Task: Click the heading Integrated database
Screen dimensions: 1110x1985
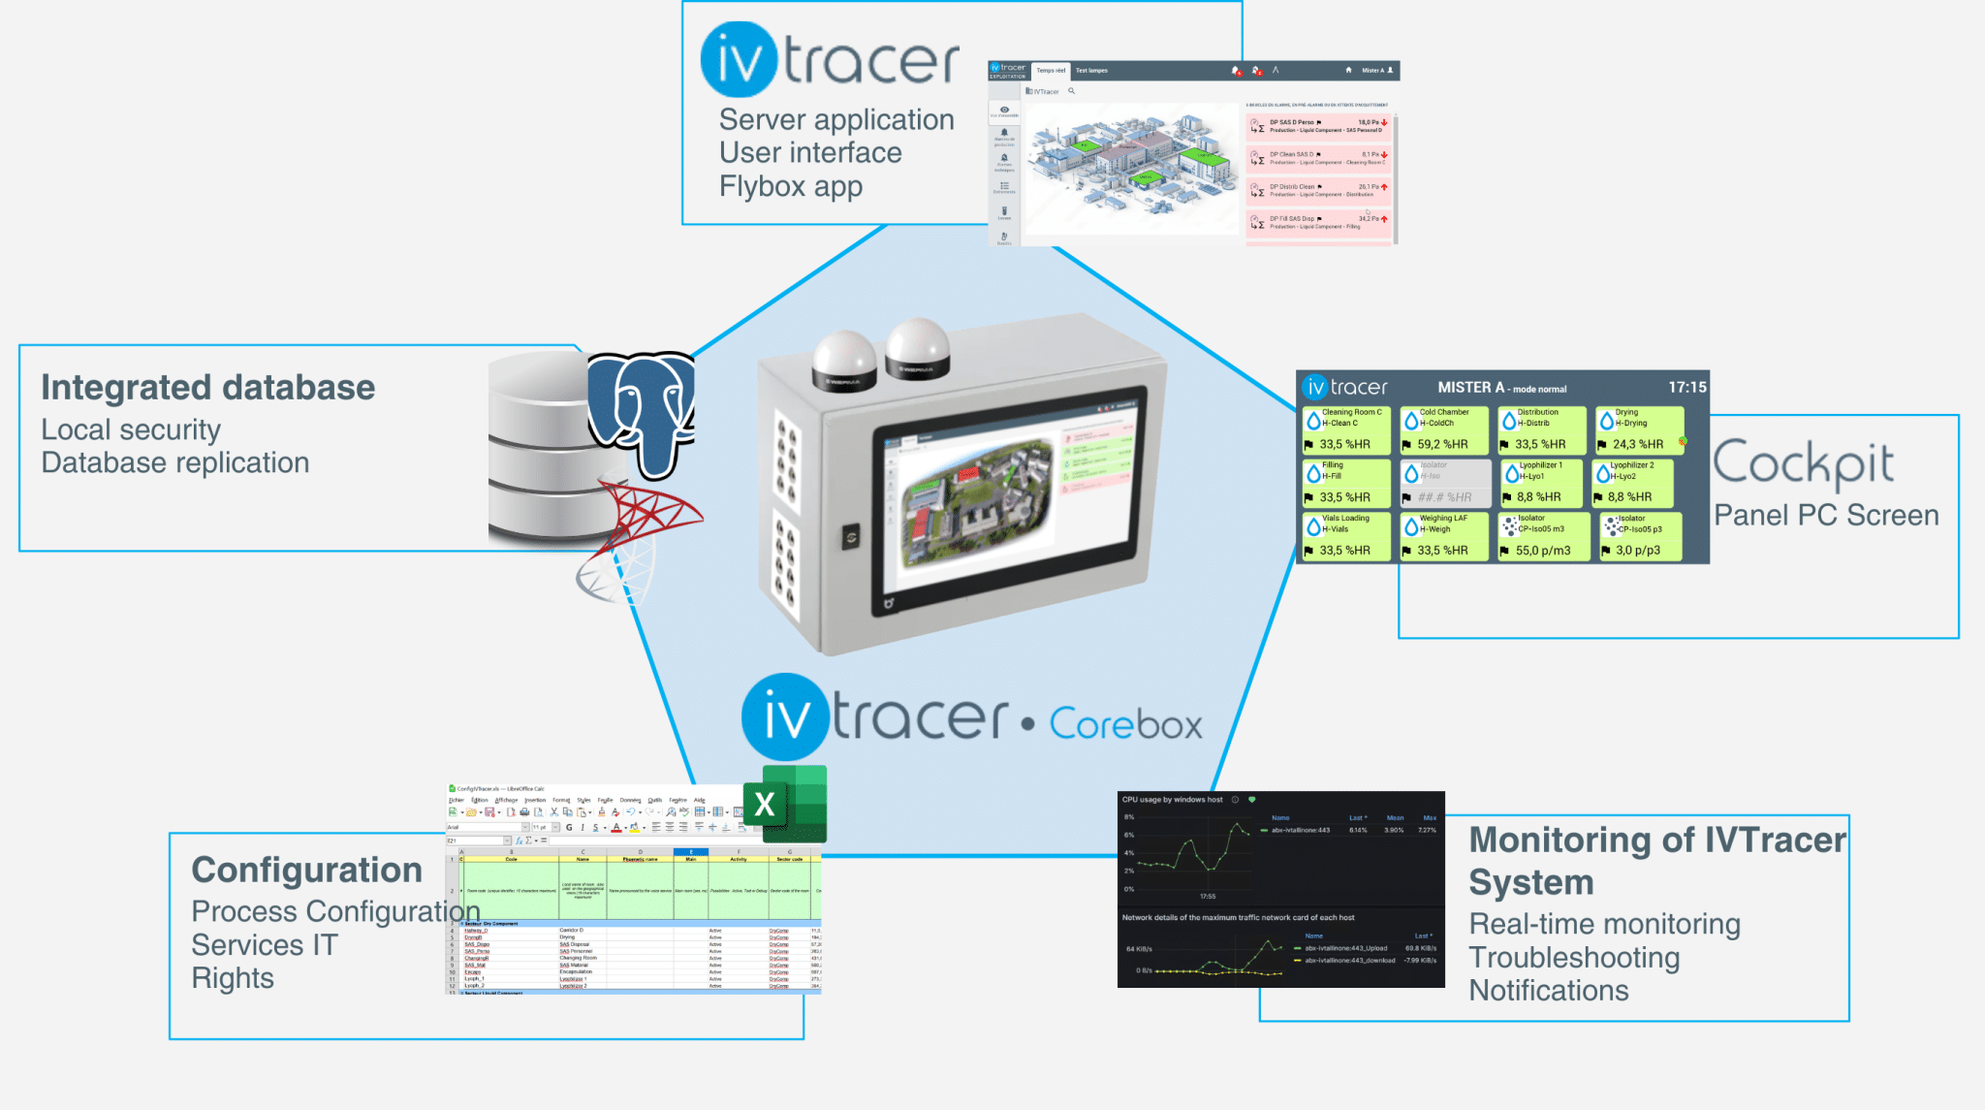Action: [x=207, y=388]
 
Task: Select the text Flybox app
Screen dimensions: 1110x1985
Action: [x=790, y=186]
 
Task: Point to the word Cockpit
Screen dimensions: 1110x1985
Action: [x=1803, y=464]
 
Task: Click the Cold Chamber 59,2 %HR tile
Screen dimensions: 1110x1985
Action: [x=1443, y=429]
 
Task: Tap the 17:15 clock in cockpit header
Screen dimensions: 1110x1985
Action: [x=1686, y=387]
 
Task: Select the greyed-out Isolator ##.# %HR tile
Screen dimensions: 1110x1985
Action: [x=1444, y=483]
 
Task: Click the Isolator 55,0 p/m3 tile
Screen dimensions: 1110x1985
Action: [x=1542, y=536]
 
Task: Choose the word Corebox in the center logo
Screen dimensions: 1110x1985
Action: [x=1125, y=724]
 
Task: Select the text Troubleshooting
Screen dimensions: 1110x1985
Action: [x=1573, y=958]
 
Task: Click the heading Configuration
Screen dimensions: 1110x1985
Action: [x=306, y=871]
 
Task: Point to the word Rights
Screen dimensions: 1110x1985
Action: [x=233, y=978]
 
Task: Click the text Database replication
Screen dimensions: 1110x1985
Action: [x=174, y=463]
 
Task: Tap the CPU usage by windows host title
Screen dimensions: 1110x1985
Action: [x=1172, y=800]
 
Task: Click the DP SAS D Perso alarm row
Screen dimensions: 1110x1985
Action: [x=1318, y=126]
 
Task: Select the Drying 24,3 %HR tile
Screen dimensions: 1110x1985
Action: [x=1639, y=429]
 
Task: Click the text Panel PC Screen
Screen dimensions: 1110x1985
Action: [x=1826, y=516]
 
